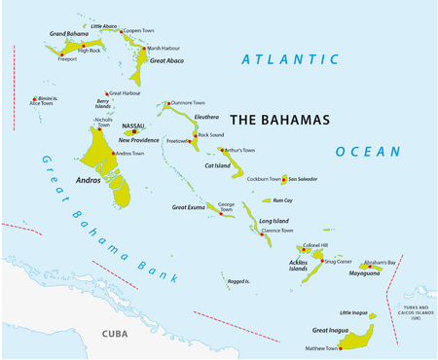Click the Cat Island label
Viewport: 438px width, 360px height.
coord(216,166)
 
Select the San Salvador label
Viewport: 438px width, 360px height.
coord(300,179)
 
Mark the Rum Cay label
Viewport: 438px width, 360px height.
coord(282,200)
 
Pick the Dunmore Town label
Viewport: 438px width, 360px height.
coord(187,102)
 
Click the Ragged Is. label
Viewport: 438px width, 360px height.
coord(238,281)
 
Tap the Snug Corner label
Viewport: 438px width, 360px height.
coord(339,261)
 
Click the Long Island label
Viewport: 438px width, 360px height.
coord(274,222)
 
